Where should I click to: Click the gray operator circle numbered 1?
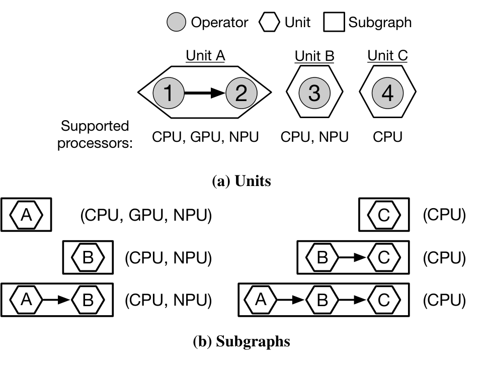pos(169,92)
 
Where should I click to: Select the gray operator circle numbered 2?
pos(241,92)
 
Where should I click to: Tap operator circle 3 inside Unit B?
pos(314,92)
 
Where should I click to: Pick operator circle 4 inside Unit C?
pos(387,92)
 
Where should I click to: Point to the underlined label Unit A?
pos(205,56)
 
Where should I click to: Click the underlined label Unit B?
pos(314,56)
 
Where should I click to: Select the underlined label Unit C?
pos(387,56)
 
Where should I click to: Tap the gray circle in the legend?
pos(176,22)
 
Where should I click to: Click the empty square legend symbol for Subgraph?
pos(334,22)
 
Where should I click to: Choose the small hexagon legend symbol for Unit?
pos(269,22)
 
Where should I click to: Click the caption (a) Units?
pos(241,181)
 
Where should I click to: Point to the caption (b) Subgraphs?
pos(241,342)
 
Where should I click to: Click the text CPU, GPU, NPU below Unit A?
pos(205,137)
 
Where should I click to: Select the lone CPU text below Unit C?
pos(387,137)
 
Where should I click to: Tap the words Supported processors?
pos(95,135)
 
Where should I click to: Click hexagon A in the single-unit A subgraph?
pos(26,215)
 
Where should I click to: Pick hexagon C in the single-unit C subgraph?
pos(384,215)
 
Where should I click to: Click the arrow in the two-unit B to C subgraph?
pos(353,257)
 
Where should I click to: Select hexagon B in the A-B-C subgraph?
pos(322,300)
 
